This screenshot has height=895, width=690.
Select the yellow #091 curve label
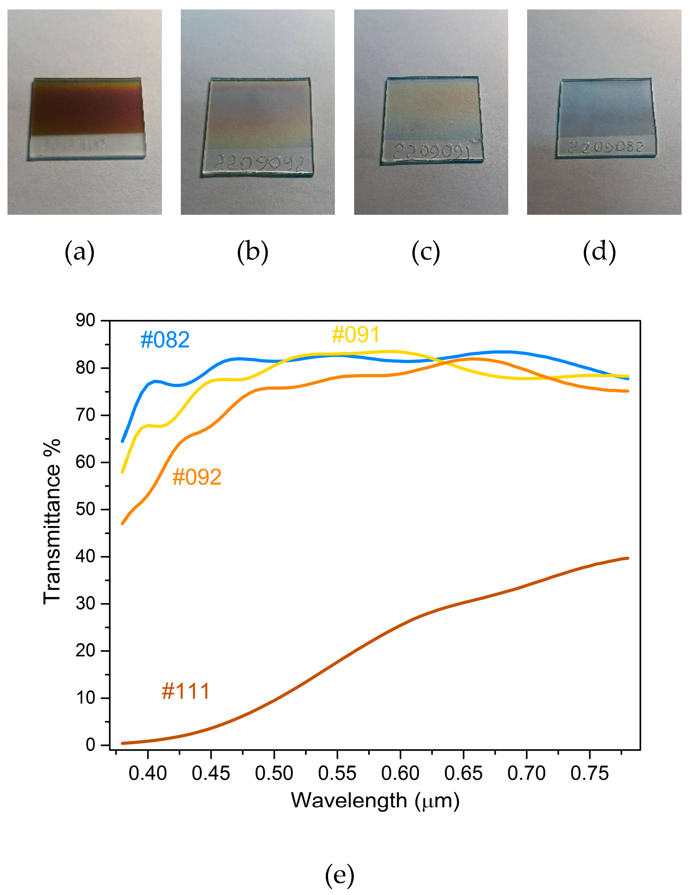355,334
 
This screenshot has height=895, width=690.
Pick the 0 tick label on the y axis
90,745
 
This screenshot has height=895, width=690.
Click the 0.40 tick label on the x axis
148,774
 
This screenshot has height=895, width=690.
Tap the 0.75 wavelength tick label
589,774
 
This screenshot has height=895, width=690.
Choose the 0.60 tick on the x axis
400,774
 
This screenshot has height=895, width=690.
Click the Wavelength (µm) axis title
375,800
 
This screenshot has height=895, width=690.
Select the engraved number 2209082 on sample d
606,147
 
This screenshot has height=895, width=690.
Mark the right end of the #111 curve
627,558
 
